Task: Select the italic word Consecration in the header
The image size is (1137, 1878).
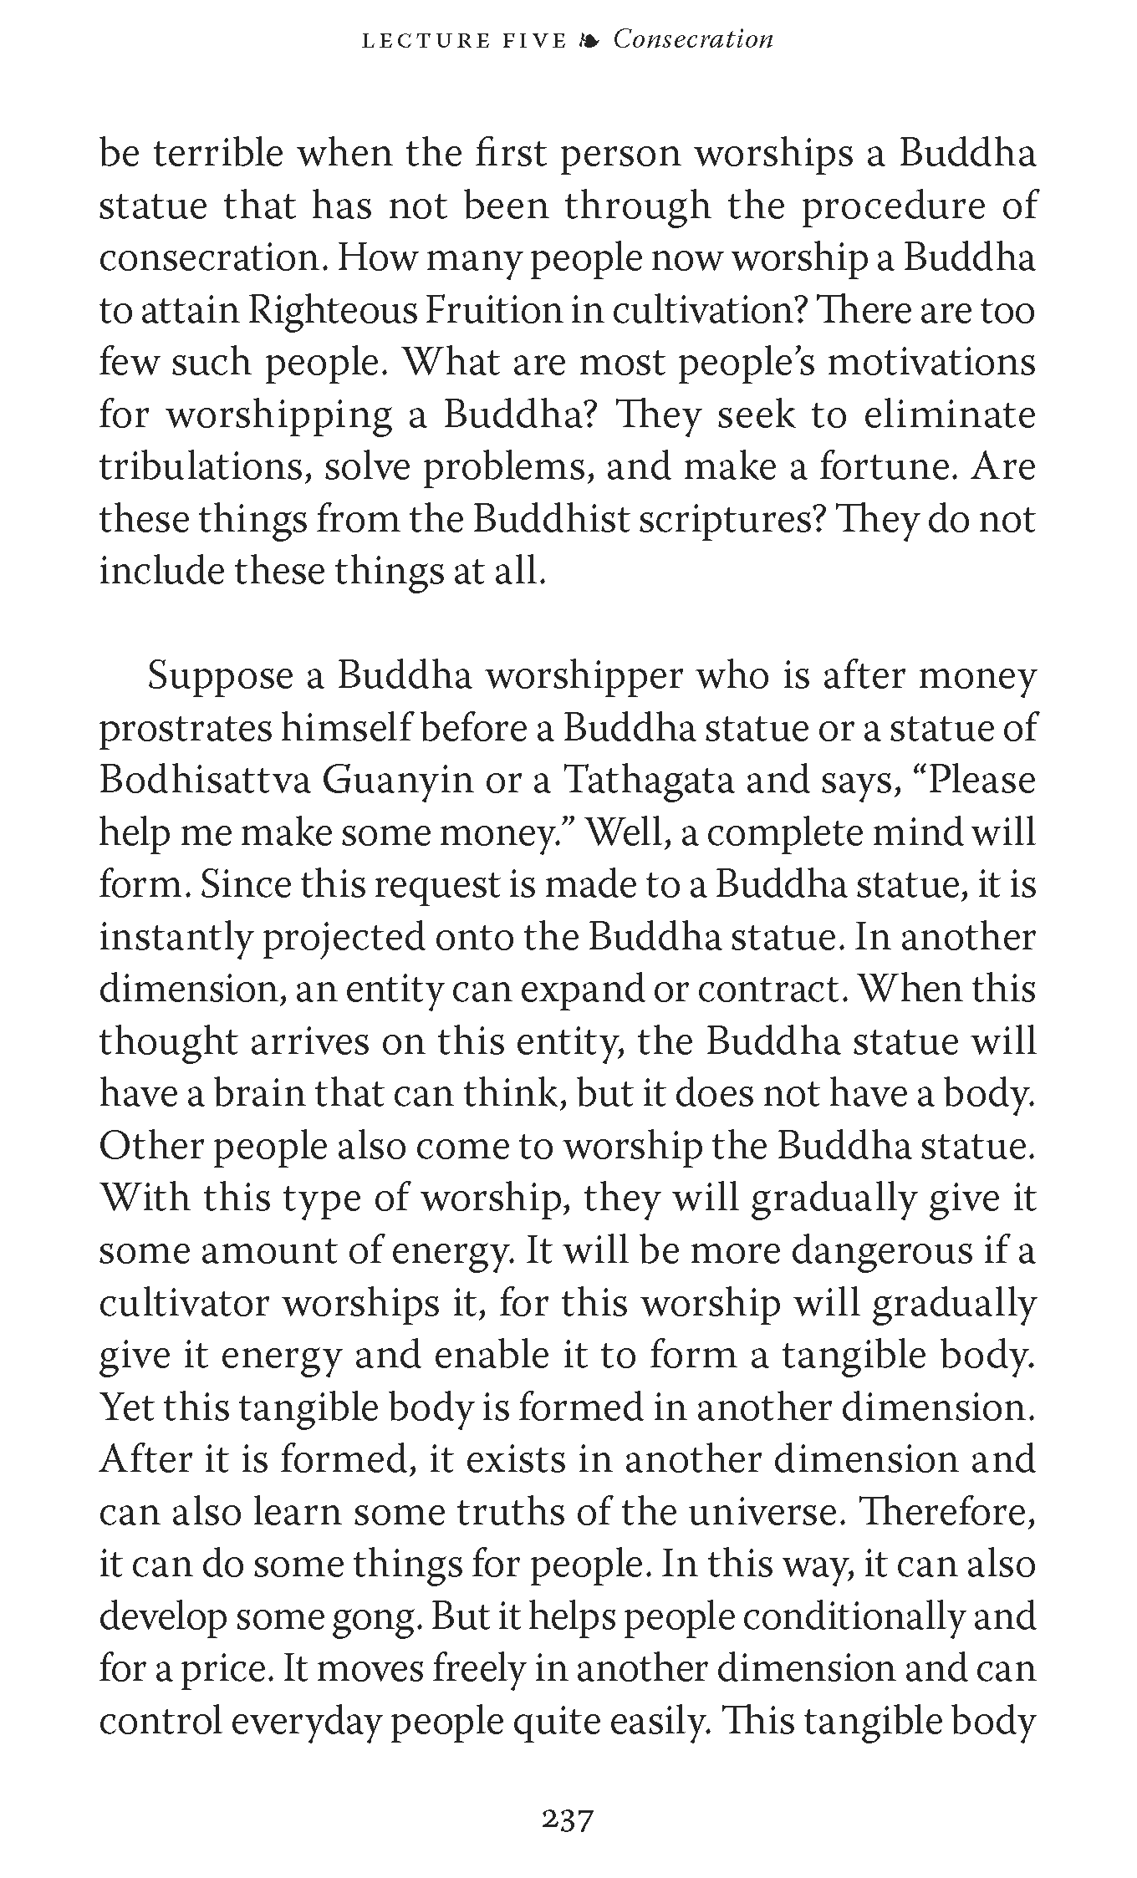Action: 693,39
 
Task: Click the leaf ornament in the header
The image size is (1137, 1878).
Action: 589,41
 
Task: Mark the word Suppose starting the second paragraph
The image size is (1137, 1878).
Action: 219,676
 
